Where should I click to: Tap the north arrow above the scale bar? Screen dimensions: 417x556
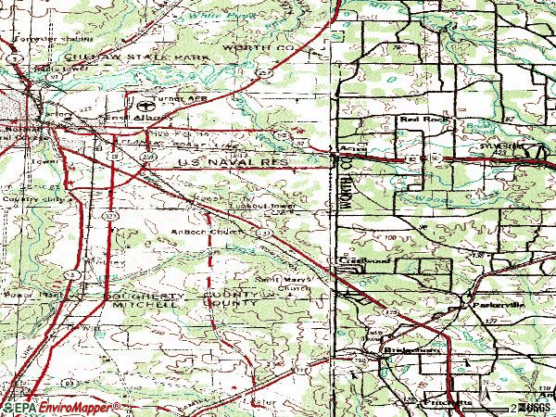[485, 397]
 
